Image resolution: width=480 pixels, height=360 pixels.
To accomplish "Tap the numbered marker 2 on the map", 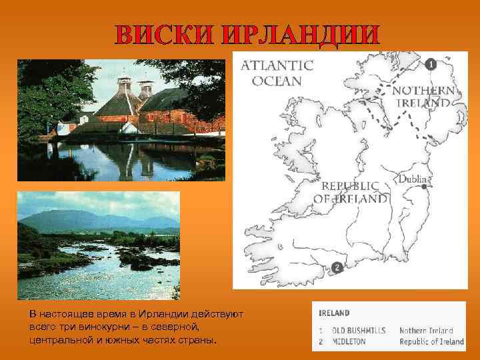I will click(x=337, y=268).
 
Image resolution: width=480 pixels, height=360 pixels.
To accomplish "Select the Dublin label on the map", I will click(x=415, y=179).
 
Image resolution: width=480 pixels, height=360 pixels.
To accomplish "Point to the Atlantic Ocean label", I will click(x=277, y=73).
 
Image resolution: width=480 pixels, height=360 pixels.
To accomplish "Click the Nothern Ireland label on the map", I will click(x=424, y=97).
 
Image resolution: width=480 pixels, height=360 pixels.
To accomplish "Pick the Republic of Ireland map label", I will click(x=351, y=192).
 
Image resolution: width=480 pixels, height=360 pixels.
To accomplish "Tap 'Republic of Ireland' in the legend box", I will click(x=431, y=341).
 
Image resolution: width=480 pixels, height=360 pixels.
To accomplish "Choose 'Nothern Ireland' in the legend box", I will click(x=426, y=330).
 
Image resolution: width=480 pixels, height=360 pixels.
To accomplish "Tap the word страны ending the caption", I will click(x=199, y=341).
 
